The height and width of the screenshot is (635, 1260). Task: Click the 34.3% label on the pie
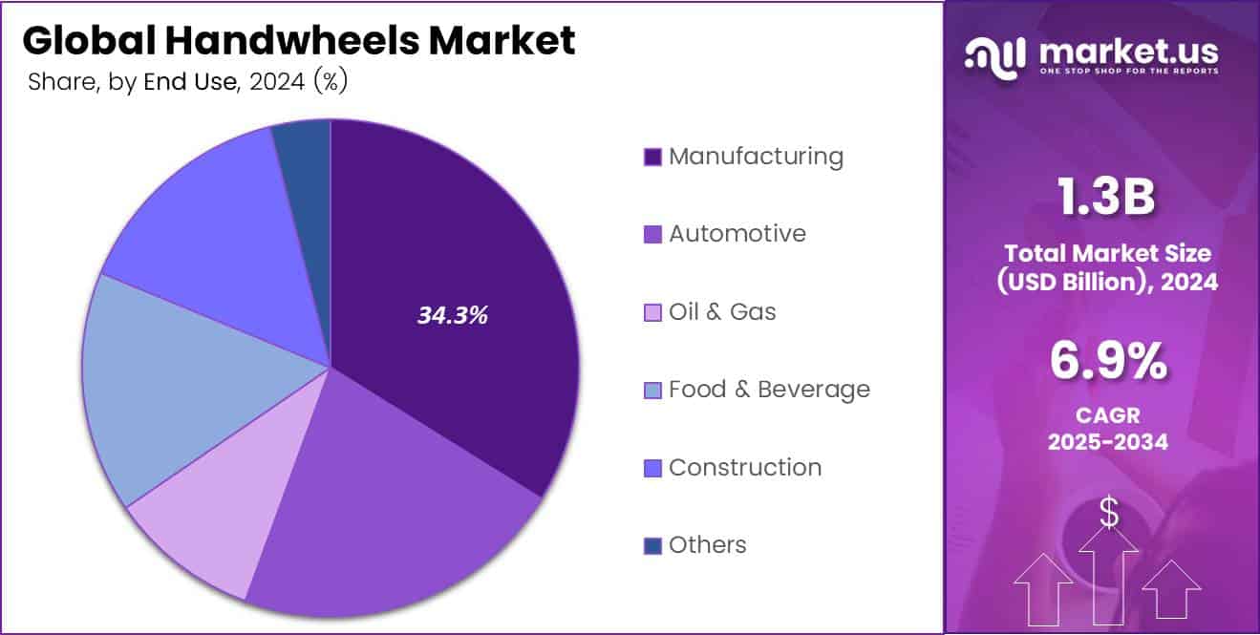coord(452,316)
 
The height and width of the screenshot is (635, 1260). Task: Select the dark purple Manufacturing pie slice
coord(459,248)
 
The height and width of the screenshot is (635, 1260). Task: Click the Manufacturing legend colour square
coord(653,157)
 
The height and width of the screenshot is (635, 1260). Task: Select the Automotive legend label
coord(737,234)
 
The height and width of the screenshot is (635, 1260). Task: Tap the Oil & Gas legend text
coord(722,312)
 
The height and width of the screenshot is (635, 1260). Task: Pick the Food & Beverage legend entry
coord(769,390)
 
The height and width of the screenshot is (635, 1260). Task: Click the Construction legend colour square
coord(653,468)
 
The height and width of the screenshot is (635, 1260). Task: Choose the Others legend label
coord(707,545)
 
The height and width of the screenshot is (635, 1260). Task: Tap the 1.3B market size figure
coord(1106,199)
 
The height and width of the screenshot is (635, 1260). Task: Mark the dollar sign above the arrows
coord(1108,514)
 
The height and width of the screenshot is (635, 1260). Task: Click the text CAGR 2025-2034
coord(1107,429)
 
